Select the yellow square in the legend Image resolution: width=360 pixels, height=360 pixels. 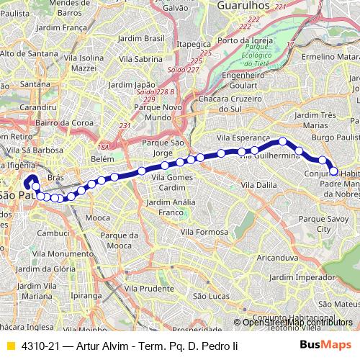coord(9,346)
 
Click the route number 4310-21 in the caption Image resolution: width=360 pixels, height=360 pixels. coord(40,346)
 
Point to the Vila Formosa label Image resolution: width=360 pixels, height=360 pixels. coord(204,232)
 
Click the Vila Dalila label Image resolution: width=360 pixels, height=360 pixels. coord(258,185)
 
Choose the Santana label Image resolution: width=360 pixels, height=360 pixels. coord(35,84)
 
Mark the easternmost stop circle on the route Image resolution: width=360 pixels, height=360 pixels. coord(334,171)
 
